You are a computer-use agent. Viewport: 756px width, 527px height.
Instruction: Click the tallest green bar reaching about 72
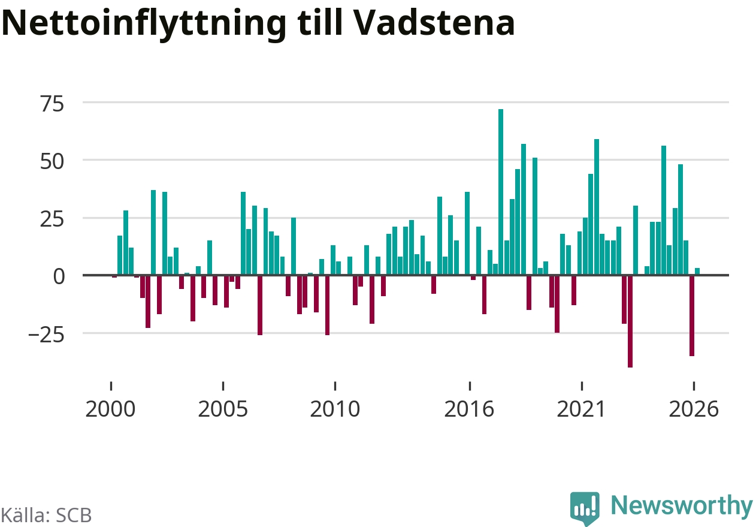coord(501,192)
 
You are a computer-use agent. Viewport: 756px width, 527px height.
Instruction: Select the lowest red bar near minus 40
coord(630,321)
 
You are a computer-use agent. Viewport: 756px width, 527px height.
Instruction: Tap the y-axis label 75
coord(52,104)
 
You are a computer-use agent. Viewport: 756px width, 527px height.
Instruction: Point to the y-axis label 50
coord(52,161)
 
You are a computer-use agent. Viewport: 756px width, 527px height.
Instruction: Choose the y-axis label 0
coord(59,276)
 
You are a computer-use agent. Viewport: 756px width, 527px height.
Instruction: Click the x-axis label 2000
coord(110,409)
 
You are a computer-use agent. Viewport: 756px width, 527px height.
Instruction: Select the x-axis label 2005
coord(223,409)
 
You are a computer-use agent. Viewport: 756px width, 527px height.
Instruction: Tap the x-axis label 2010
coord(335,409)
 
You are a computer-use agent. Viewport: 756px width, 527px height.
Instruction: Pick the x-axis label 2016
coord(469,409)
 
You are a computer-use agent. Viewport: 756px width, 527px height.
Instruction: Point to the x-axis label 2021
coord(581,409)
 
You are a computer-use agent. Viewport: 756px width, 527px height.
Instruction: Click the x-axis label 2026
coord(694,409)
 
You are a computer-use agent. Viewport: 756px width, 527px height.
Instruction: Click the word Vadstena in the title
coord(435,22)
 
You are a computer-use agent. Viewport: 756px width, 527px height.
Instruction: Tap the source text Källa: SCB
coord(46,515)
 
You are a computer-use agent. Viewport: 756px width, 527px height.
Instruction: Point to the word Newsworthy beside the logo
coord(682,505)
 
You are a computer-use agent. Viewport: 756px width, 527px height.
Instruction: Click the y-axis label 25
coord(52,219)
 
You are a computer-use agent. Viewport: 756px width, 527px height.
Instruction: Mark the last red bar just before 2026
coord(691,315)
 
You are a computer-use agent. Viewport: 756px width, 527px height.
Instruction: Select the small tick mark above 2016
coord(470,386)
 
